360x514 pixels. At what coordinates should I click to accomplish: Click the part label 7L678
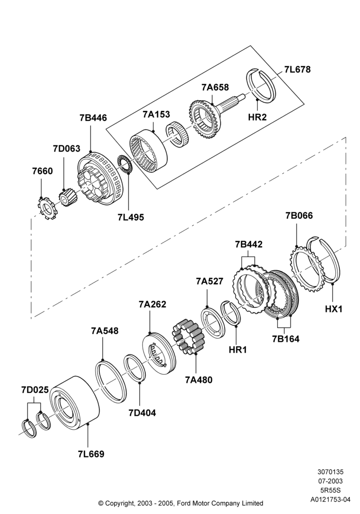pyautogui.click(x=297, y=69)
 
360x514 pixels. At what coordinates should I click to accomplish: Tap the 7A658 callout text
pyautogui.click(x=215, y=87)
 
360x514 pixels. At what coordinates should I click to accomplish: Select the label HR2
pyautogui.click(x=257, y=117)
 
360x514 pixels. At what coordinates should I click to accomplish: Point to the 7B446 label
pyautogui.click(x=93, y=118)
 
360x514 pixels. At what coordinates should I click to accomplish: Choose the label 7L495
pyautogui.click(x=131, y=217)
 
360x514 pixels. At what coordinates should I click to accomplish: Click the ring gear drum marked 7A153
pyautogui.click(x=150, y=151)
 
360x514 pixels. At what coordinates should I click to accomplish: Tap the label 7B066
pyautogui.click(x=299, y=215)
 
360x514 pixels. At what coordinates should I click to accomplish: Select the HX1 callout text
pyautogui.click(x=333, y=309)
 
